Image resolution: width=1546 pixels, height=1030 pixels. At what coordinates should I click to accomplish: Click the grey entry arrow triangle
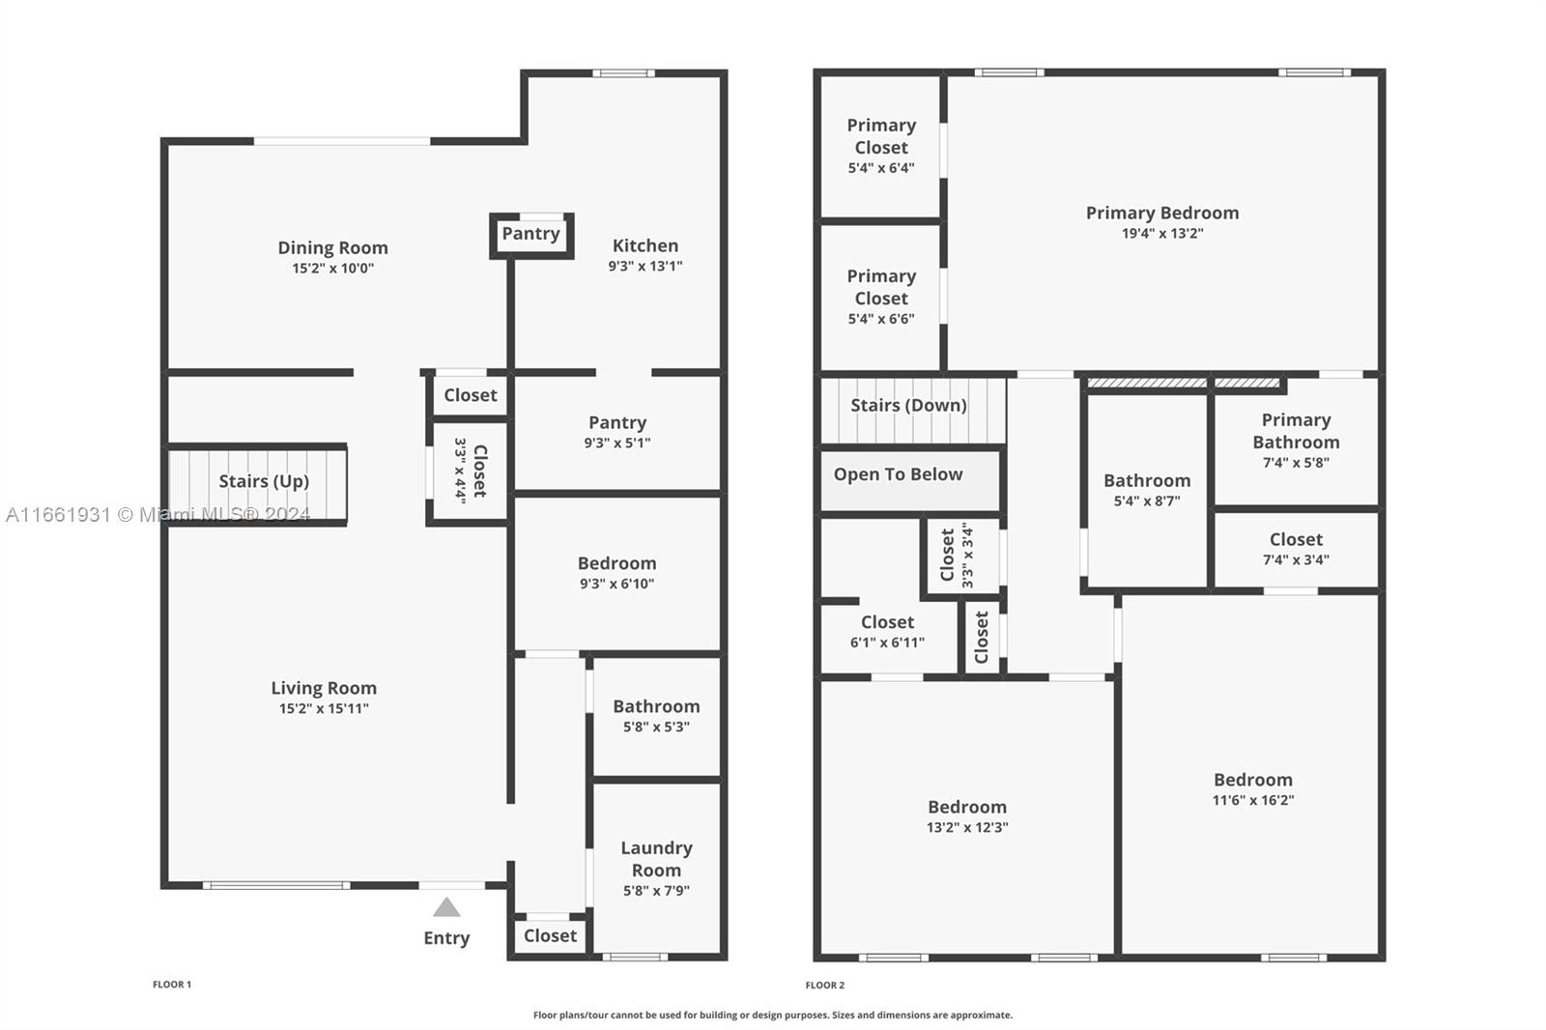point(446,907)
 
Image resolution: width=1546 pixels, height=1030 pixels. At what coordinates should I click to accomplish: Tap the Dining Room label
point(332,247)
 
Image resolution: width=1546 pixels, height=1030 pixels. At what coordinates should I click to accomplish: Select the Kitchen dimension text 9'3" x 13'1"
point(645,266)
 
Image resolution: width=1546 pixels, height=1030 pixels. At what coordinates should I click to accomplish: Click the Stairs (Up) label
point(264,481)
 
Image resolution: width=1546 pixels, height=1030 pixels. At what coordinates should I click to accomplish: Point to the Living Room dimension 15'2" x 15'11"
point(324,708)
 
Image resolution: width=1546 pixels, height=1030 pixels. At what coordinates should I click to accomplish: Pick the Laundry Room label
point(656,859)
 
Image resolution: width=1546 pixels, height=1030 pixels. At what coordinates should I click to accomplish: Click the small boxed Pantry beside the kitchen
point(530,233)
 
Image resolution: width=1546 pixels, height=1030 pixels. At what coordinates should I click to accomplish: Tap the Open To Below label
point(898,474)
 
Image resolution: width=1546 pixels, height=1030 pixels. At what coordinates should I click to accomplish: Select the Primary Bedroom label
point(1162,213)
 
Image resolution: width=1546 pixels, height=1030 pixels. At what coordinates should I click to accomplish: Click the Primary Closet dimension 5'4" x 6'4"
point(881,168)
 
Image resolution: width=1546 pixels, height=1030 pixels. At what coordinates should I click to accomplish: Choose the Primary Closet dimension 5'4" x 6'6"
point(881,319)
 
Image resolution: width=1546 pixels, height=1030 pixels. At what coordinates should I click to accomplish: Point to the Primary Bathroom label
point(1296,431)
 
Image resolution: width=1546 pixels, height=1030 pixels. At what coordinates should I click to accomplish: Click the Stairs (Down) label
point(908,405)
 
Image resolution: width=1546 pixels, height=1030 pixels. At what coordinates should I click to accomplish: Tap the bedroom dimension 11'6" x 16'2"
point(1253,800)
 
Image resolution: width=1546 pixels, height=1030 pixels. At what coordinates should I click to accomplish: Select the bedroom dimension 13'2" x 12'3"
point(967,827)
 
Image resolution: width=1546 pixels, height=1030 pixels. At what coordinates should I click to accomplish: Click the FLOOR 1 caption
point(172,985)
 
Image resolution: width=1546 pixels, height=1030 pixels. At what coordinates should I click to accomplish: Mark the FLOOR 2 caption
point(825,986)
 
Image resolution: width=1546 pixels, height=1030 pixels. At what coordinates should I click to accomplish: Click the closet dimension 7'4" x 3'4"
point(1296,559)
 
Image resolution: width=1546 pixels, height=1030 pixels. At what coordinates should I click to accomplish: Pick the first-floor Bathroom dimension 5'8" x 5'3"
point(656,727)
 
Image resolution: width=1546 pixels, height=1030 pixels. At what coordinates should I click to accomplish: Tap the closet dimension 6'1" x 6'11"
point(887,643)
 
